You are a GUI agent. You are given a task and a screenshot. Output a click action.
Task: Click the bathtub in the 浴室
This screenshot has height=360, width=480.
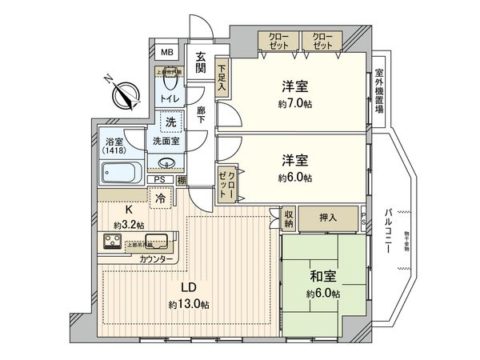122,171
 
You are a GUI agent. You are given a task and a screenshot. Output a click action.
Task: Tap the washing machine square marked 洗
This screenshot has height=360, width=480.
170,122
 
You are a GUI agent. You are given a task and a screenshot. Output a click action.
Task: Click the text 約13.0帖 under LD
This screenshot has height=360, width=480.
189,305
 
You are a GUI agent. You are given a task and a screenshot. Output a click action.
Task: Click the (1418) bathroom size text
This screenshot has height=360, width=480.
114,150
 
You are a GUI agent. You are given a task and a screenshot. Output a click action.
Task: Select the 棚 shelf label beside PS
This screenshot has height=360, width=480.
182,180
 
